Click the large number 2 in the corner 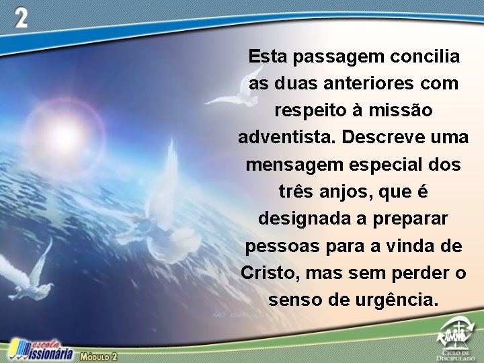click(22, 18)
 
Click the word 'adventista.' click(286, 137)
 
